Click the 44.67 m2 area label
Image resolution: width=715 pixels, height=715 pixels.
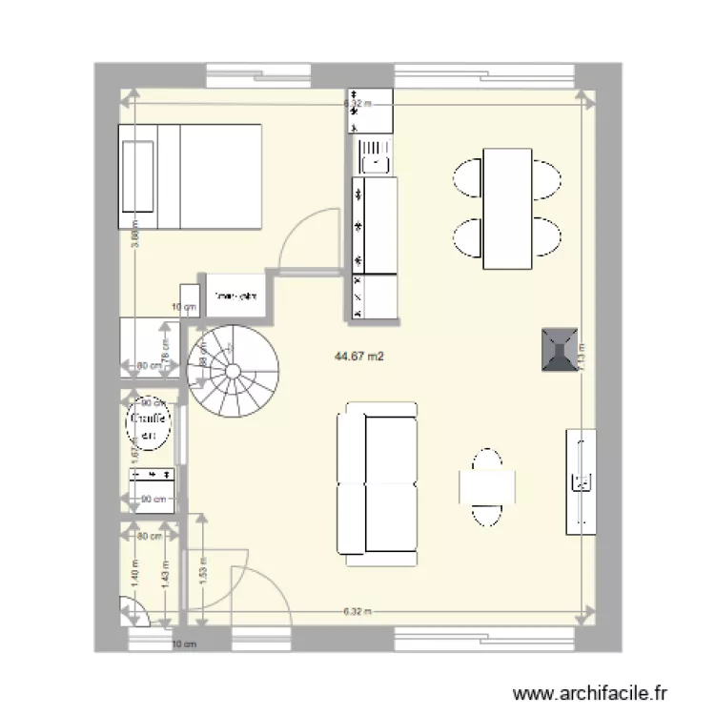tap(358, 357)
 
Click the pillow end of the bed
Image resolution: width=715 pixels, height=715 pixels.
tap(137, 177)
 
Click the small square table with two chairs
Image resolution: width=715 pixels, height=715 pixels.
tap(487, 487)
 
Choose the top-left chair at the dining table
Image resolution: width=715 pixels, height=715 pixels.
tap(469, 177)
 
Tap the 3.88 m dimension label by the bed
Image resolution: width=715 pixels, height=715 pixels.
tap(135, 234)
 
